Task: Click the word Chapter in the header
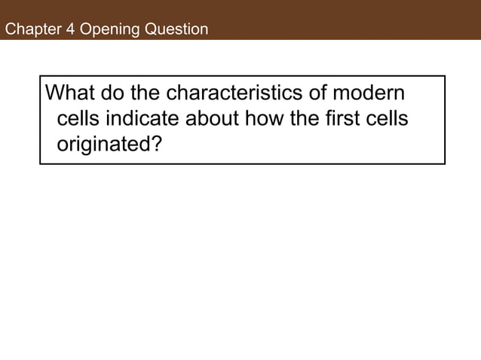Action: (x=30, y=30)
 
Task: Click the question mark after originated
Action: (x=156, y=143)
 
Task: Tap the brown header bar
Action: (x=339, y=19)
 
